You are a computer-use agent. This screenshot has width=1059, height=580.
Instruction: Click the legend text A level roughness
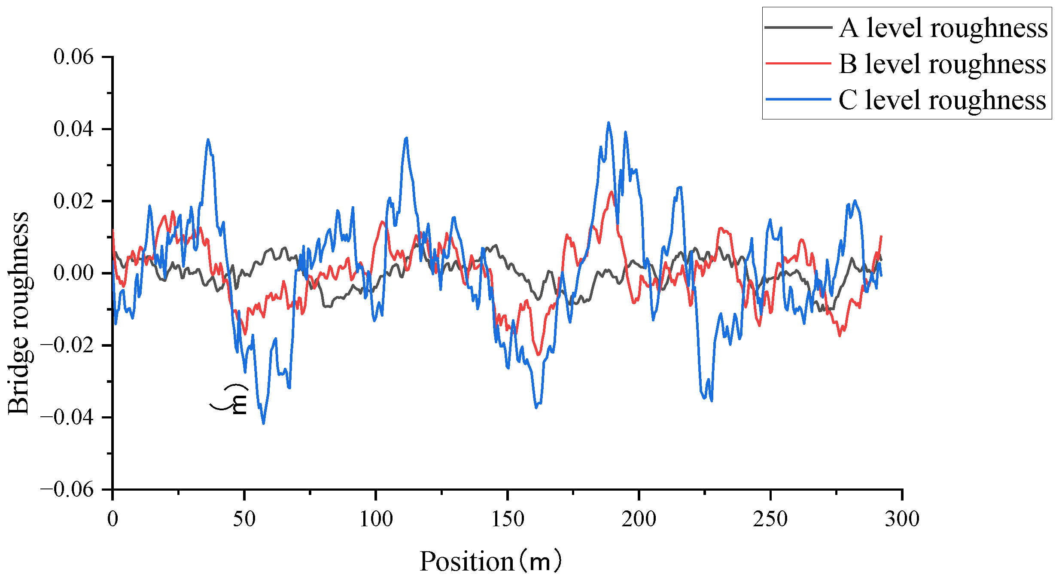coord(943,28)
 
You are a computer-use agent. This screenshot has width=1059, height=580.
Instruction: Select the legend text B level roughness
coord(942,64)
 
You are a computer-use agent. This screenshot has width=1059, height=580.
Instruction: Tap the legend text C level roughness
coord(942,100)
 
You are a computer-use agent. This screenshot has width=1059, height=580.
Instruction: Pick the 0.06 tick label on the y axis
coord(73,57)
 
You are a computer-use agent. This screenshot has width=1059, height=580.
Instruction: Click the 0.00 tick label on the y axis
coord(73,273)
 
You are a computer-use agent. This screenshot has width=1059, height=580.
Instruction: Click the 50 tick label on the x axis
coord(244,519)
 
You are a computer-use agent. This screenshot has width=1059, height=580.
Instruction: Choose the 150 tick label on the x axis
coord(507,519)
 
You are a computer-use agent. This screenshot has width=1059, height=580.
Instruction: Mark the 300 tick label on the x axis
coord(902,519)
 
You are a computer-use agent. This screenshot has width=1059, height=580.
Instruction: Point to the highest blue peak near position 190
coord(609,122)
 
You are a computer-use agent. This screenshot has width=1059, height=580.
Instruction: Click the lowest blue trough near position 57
coord(263,423)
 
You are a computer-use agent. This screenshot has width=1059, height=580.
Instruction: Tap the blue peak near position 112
coord(406,138)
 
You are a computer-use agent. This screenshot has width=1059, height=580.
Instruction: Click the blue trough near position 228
coord(712,400)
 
